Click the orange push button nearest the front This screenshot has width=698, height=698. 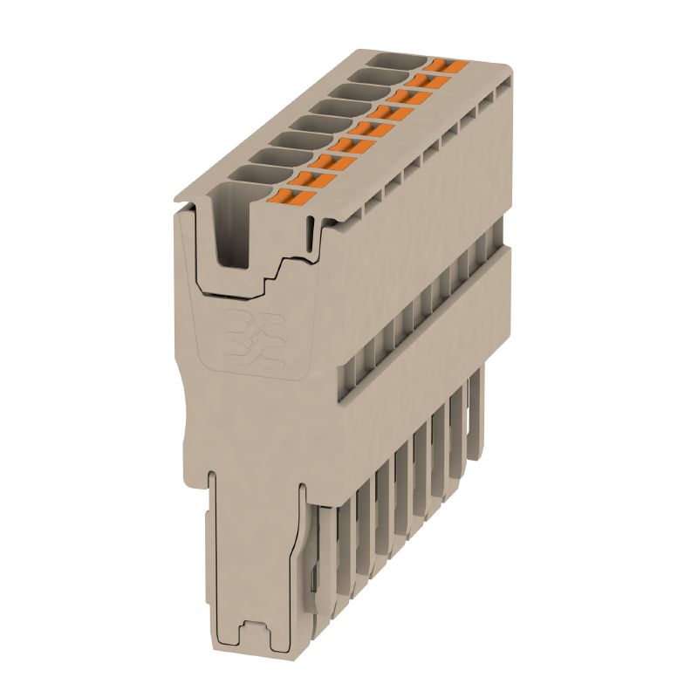click(296, 199)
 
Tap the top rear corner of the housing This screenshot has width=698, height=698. click(508, 66)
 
